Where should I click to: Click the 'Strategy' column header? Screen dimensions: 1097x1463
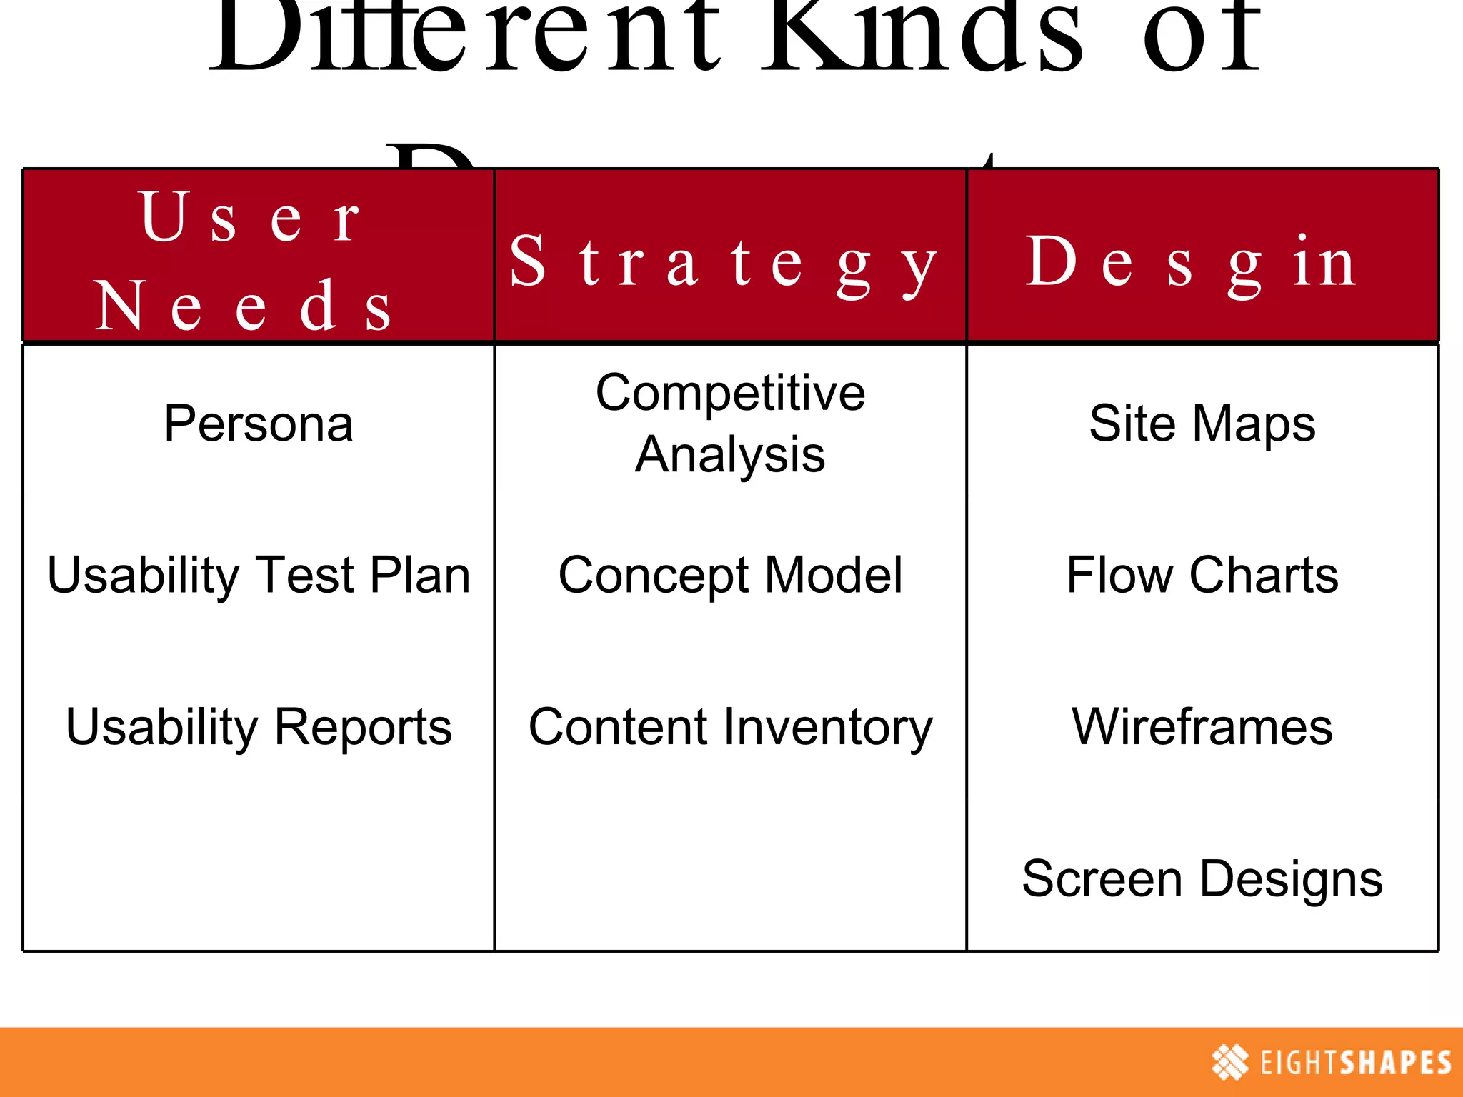click(x=723, y=264)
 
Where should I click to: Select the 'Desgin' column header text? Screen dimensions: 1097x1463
click(x=1191, y=264)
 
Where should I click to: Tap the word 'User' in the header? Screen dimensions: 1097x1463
click(x=251, y=216)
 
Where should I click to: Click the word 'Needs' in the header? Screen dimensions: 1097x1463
click(x=243, y=306)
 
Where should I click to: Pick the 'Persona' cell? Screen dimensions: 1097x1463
click(x=259, y=424)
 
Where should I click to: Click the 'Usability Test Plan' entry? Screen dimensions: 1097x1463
click(x=259, y=576)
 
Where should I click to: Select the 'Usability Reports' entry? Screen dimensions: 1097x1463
click(x=259, y=727)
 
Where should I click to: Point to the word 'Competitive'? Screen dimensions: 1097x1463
click(x=730, y=393)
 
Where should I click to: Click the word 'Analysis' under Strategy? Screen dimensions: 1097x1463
click(x=730, y=454)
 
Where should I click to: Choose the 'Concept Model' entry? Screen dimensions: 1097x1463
click(x=730, y=576)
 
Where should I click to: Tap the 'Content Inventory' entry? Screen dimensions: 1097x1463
click(x=730, y=727)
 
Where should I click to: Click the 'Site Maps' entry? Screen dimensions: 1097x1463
click(x=1202, y=424)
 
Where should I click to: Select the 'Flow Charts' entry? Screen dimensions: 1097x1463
click(x=1202, y=576)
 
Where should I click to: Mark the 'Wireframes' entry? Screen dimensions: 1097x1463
click(x=1202, y=727)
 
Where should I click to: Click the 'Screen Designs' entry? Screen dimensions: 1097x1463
click(x=1202, y=879)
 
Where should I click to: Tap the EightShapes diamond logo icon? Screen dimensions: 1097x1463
click(x=1230, y=1062)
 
